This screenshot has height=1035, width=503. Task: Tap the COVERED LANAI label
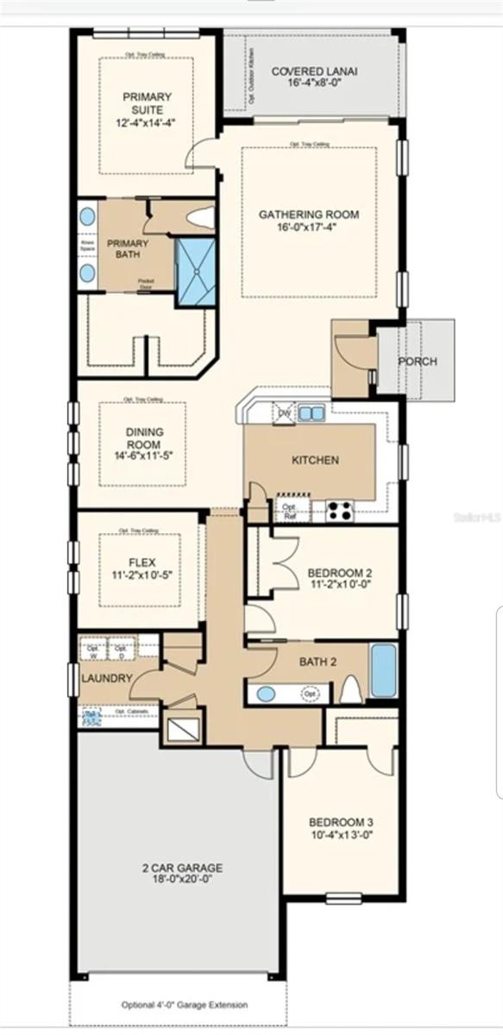coord(315,72)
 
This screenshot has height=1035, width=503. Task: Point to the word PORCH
coord(417,361)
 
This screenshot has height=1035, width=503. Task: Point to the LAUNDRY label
coord(107,678)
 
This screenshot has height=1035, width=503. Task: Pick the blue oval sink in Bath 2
coord(266,693)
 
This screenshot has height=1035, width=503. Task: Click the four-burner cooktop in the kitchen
coord(339,511)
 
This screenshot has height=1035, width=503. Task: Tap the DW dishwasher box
coord(283,414)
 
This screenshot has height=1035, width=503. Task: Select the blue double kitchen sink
coord(311,413)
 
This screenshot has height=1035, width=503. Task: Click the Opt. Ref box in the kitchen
coord(289,511)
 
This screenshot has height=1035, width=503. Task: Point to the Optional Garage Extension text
coord(184,1005)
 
